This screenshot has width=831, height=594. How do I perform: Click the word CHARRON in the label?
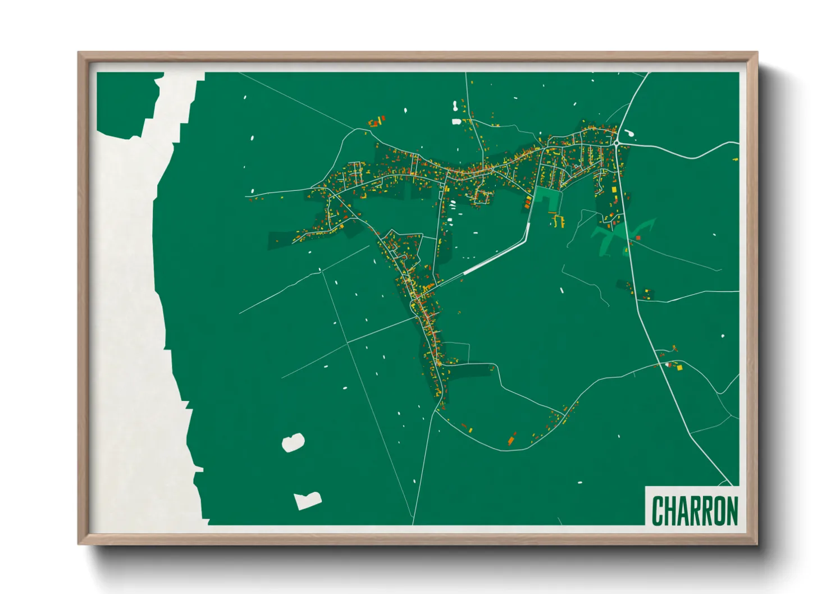(x=695, y=510)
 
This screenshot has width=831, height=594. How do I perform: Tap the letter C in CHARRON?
(x=657, y=510)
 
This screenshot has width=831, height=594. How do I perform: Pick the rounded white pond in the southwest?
(x=293, y=442)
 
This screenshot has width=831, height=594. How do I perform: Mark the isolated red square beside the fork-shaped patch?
(x=638, y=238)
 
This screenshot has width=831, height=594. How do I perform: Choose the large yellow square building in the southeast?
(x=679, y=368)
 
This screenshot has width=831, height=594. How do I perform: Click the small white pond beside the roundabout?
(x=629, y=134)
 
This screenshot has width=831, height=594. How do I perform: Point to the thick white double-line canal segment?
(x=494, y=258)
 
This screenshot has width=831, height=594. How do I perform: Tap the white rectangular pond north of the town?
(x=456, y=121)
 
